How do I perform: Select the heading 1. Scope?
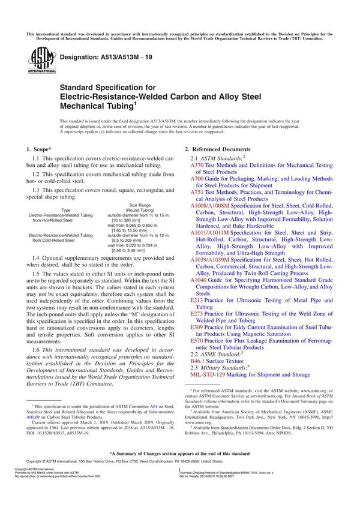click(38, 148)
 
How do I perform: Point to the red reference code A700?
click(197, 179)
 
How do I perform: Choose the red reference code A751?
click(197, 193)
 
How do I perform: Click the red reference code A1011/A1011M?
click(209, 233)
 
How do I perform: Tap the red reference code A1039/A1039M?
click(209, 260)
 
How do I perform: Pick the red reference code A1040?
click(199, 280)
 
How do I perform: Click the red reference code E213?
click(196, 300)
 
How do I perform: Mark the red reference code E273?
click(196, 314)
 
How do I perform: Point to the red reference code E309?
click(196, 328)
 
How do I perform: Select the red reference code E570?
click(196, 341)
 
